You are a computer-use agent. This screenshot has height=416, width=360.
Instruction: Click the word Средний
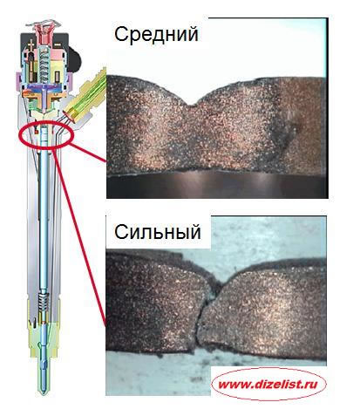tap(156, 35)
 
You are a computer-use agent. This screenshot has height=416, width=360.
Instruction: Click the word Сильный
tap(158, 232)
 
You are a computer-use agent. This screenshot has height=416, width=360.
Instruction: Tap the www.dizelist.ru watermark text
tap(268, 385)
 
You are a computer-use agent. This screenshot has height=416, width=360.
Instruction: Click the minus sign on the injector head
tap(58, 44)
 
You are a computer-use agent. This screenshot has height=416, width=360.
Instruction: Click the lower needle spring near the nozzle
tap(43, 303)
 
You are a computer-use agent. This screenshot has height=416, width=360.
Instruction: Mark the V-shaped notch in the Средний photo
tap(190, 104)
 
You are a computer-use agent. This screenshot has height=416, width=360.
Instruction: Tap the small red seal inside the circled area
tap(37, 133)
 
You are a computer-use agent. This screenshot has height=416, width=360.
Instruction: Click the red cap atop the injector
tap(44, 32)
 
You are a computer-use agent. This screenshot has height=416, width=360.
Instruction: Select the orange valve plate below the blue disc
tap(43, 95)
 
